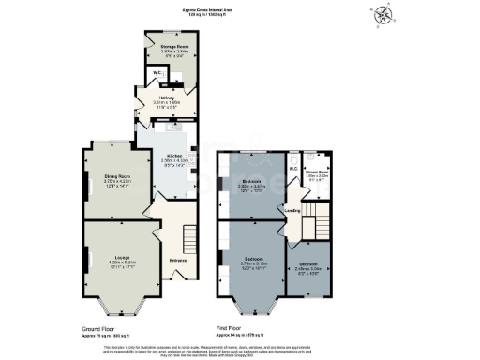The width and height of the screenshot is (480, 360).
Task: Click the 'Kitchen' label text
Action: [175, 156]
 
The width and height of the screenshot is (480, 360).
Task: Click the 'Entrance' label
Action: [178, 260]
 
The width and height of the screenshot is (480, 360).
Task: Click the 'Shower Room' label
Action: [316, 171]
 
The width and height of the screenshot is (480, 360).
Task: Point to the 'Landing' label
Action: [292, 210]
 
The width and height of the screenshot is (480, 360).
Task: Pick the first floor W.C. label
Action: [293, 170]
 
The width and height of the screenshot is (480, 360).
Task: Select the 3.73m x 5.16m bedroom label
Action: [251, 259]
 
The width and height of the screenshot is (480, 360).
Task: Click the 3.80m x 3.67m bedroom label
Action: [249, 183]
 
